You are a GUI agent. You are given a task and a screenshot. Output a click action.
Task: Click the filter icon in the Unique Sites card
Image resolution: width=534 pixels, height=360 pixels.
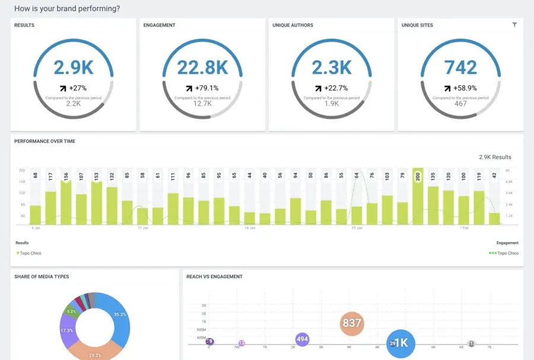[x=514, y=25]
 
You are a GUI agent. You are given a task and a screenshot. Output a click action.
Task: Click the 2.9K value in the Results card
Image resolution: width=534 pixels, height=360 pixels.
[x=74, y=68]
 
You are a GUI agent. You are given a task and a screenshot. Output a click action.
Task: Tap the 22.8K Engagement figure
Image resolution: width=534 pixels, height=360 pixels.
[x=202, y=68]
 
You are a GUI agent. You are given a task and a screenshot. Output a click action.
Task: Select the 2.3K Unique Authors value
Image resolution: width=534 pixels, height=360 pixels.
[x=332, y=68]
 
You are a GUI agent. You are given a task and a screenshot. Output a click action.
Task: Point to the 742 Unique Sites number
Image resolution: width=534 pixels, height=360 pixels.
[x=460, y=68]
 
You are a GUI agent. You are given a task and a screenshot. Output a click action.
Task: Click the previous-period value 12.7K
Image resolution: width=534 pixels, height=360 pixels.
[x=202, y=104]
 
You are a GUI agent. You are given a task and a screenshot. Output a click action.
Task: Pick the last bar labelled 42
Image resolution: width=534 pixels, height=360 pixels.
[x=494, y=218]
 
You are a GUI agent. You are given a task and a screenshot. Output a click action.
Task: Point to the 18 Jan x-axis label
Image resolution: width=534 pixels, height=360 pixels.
[x=251, y=228]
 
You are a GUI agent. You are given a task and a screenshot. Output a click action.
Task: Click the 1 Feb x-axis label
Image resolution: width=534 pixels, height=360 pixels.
[x=465, y=228]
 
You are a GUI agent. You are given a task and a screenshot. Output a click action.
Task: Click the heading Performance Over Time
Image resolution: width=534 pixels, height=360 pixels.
[x=44, y=141]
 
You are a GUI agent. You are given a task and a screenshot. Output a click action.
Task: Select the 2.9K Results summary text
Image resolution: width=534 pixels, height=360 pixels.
[x=495, y=157]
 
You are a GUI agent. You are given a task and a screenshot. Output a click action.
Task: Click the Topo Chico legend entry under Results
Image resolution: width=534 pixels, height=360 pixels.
[x=30, y=253]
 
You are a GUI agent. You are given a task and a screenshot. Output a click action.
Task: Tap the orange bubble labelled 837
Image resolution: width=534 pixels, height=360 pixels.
[x=352, y=323]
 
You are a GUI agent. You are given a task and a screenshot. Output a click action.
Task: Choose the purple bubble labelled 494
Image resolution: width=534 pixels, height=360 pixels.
[x=303, y=339]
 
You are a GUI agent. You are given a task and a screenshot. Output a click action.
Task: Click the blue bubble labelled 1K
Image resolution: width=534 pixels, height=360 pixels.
[x=401, y=343]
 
